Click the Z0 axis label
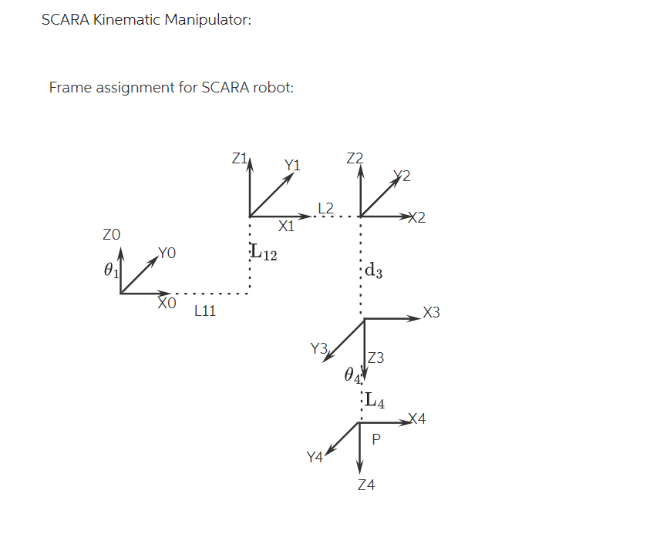click(112, 233)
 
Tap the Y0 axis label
click(167, 252)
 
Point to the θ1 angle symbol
click(112, 270)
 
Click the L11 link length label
click(205, 311)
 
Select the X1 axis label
click(286, 227)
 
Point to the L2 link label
click(325, 208)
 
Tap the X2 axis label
click(416, 218)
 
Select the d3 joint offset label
click(373, 270)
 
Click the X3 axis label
click(432, 313)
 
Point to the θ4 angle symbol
click(352, 375)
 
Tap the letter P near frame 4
click(376, 440)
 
